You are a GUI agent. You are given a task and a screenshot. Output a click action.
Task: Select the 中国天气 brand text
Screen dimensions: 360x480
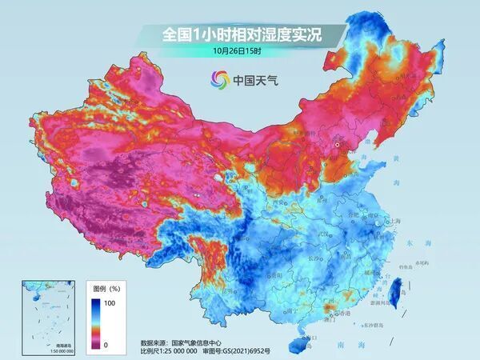coord(254,80)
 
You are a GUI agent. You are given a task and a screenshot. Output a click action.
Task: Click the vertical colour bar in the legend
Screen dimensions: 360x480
coord(95,322)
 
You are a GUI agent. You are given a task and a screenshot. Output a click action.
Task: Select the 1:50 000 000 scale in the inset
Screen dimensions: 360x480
coord(39,351)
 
